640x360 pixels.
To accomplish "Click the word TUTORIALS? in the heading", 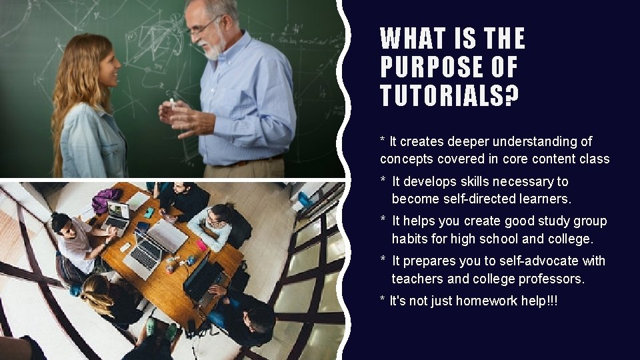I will tap(449, 95).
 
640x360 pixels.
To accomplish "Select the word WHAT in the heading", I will tap(409, 39).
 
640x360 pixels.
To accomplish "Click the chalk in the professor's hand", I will tap(173, 103).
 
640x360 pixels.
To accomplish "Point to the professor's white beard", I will tap(213, 48).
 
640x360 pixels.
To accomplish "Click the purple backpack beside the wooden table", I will tap(106, 200).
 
